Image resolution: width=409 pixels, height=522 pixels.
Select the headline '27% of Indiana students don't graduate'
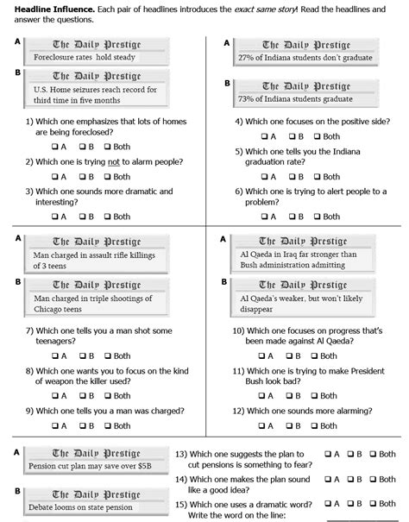305,57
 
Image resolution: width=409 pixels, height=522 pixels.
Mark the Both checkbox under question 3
109,217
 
